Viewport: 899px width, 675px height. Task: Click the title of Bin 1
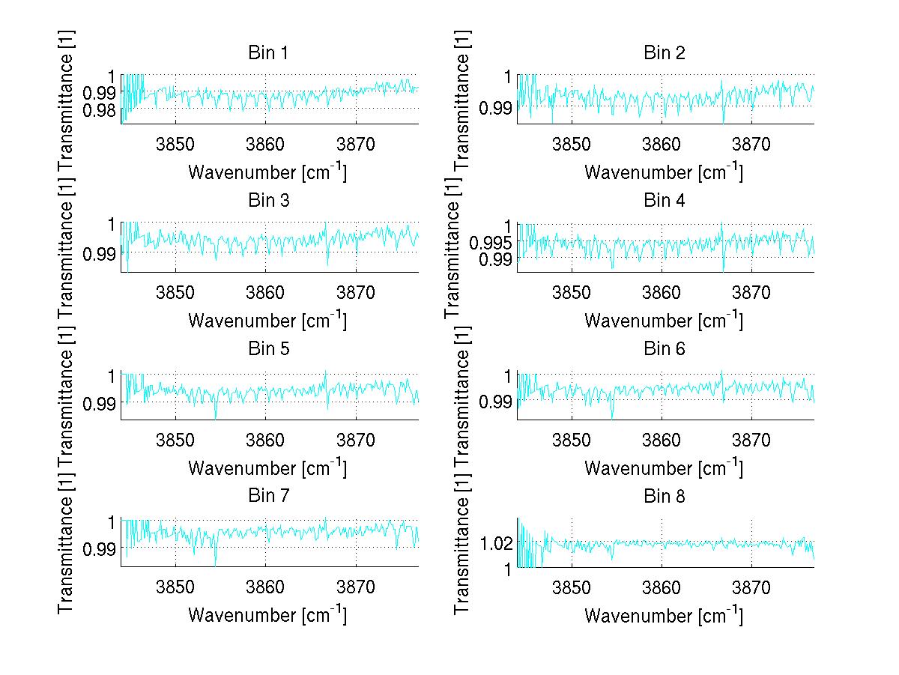point(267,53)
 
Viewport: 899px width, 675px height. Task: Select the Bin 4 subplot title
point(664,201)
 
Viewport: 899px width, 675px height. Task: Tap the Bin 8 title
point(664,496)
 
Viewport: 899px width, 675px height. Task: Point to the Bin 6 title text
point(664,348)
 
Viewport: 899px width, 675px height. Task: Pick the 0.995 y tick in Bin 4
point(490,242)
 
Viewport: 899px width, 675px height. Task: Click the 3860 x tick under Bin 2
point(662,145)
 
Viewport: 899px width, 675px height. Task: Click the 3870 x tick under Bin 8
point(751,587)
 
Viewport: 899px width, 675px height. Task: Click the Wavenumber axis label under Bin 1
point(267,172)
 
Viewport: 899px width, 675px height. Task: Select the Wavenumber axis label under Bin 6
point(663,468)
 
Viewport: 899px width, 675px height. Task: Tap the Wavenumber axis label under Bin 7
point(267,615)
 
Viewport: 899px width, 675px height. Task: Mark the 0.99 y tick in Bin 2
point(497,108)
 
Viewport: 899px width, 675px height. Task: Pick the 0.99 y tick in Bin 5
point(101,403)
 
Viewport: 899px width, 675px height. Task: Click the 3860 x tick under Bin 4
point(662,292)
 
